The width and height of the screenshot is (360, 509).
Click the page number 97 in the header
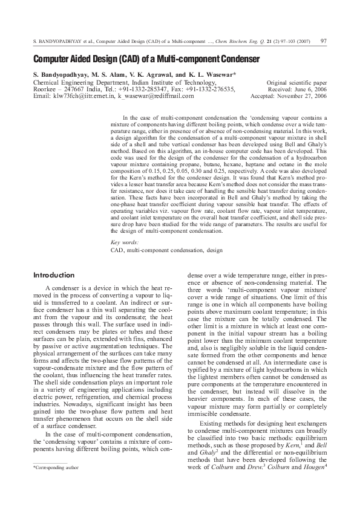pyautogui.click(x=324, y=41)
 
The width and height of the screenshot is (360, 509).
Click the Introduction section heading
pyautogui.click(x=54, y=275)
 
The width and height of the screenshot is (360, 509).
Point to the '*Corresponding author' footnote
pyautogui.click(x=56, y=468)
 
